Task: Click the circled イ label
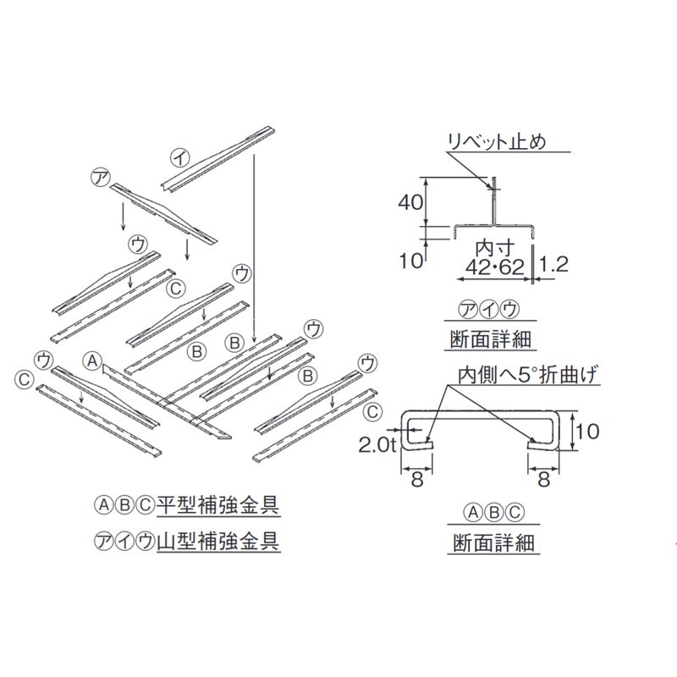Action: click(x=179, y=157)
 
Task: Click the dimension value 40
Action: click(x=411, y=201)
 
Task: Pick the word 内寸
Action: click(x=491, y=248)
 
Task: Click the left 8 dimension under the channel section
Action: click(x=416, y=480)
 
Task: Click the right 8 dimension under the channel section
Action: click(x=543, y=480)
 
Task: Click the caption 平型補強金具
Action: click(x=218, y=506)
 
